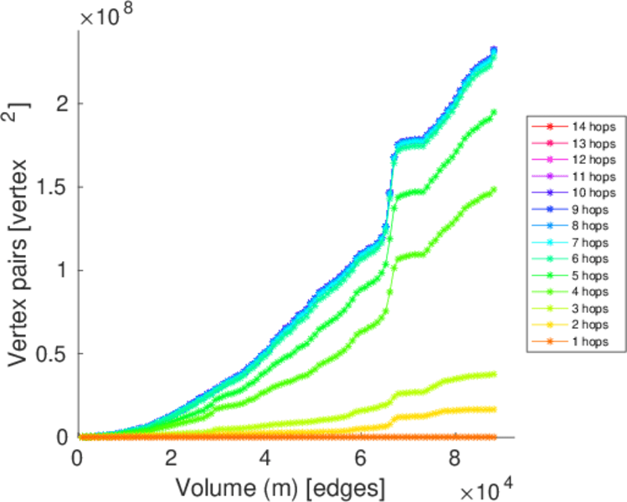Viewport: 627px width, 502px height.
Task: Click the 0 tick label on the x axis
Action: [78, 458]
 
